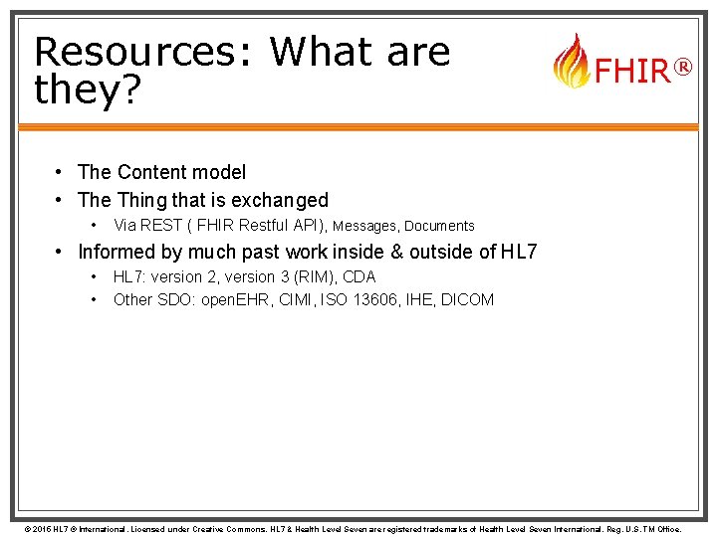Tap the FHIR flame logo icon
pyautogui.click(x=571, y=62)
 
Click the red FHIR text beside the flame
pyautogui.click(x=631, y=71)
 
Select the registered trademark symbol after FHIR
pyautogui.click(x=682, y=67)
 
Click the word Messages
pyautogui.click(x=365, y=226)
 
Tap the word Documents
pyautogui.click(x=439, y=226)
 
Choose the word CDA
pyautogui.click(x=358, y=276)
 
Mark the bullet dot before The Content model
pyautogui.click(x=62, y=172)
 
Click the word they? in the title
pyautogui.click(x=87, y=89)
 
